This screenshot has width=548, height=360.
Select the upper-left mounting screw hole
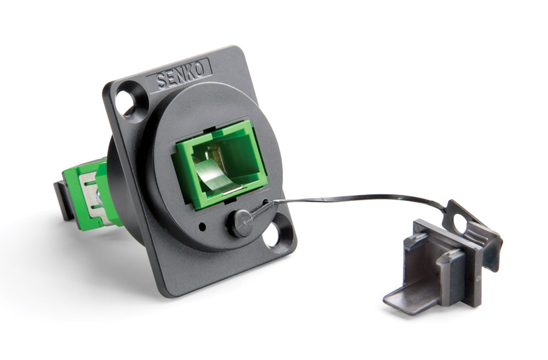[x=124, y=103]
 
